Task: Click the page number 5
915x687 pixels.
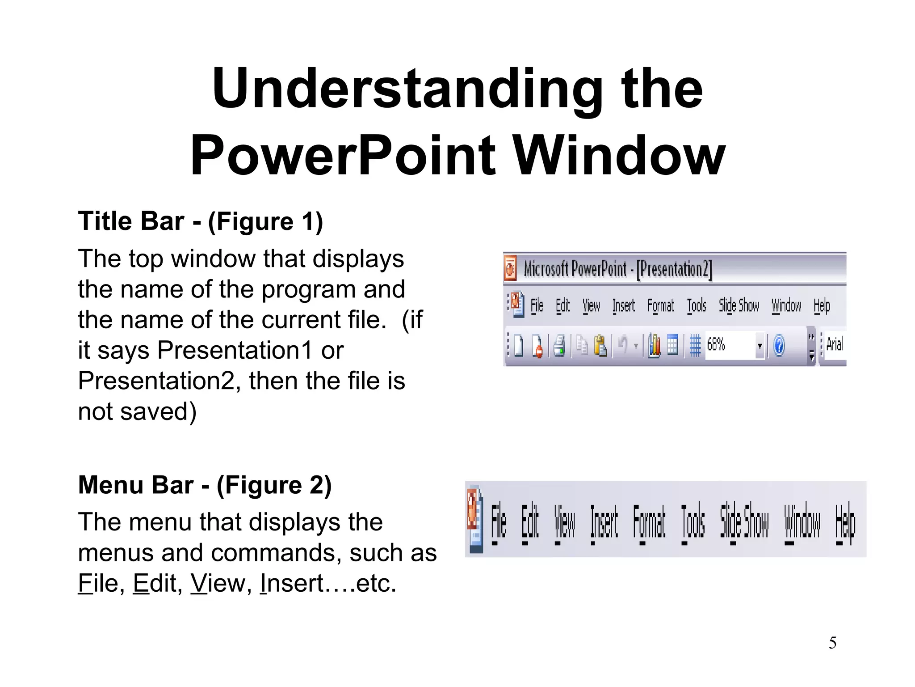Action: coord(832,643)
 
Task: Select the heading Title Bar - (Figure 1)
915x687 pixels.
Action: coord(200,221)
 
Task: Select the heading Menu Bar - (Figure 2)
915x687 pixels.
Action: coord(205,485)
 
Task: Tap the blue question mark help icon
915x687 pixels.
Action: coord(779,346)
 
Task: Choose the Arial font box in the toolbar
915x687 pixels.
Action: coord(834,344)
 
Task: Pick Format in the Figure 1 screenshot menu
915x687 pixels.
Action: coord(660,306)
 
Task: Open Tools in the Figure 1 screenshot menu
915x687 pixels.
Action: coord(697,306)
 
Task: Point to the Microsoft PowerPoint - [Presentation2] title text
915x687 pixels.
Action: coord(617,269)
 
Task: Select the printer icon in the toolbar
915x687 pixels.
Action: coord(559,346)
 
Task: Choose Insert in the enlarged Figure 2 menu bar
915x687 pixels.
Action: coord(604,522)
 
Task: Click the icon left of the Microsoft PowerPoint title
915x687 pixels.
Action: coord(511,268)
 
